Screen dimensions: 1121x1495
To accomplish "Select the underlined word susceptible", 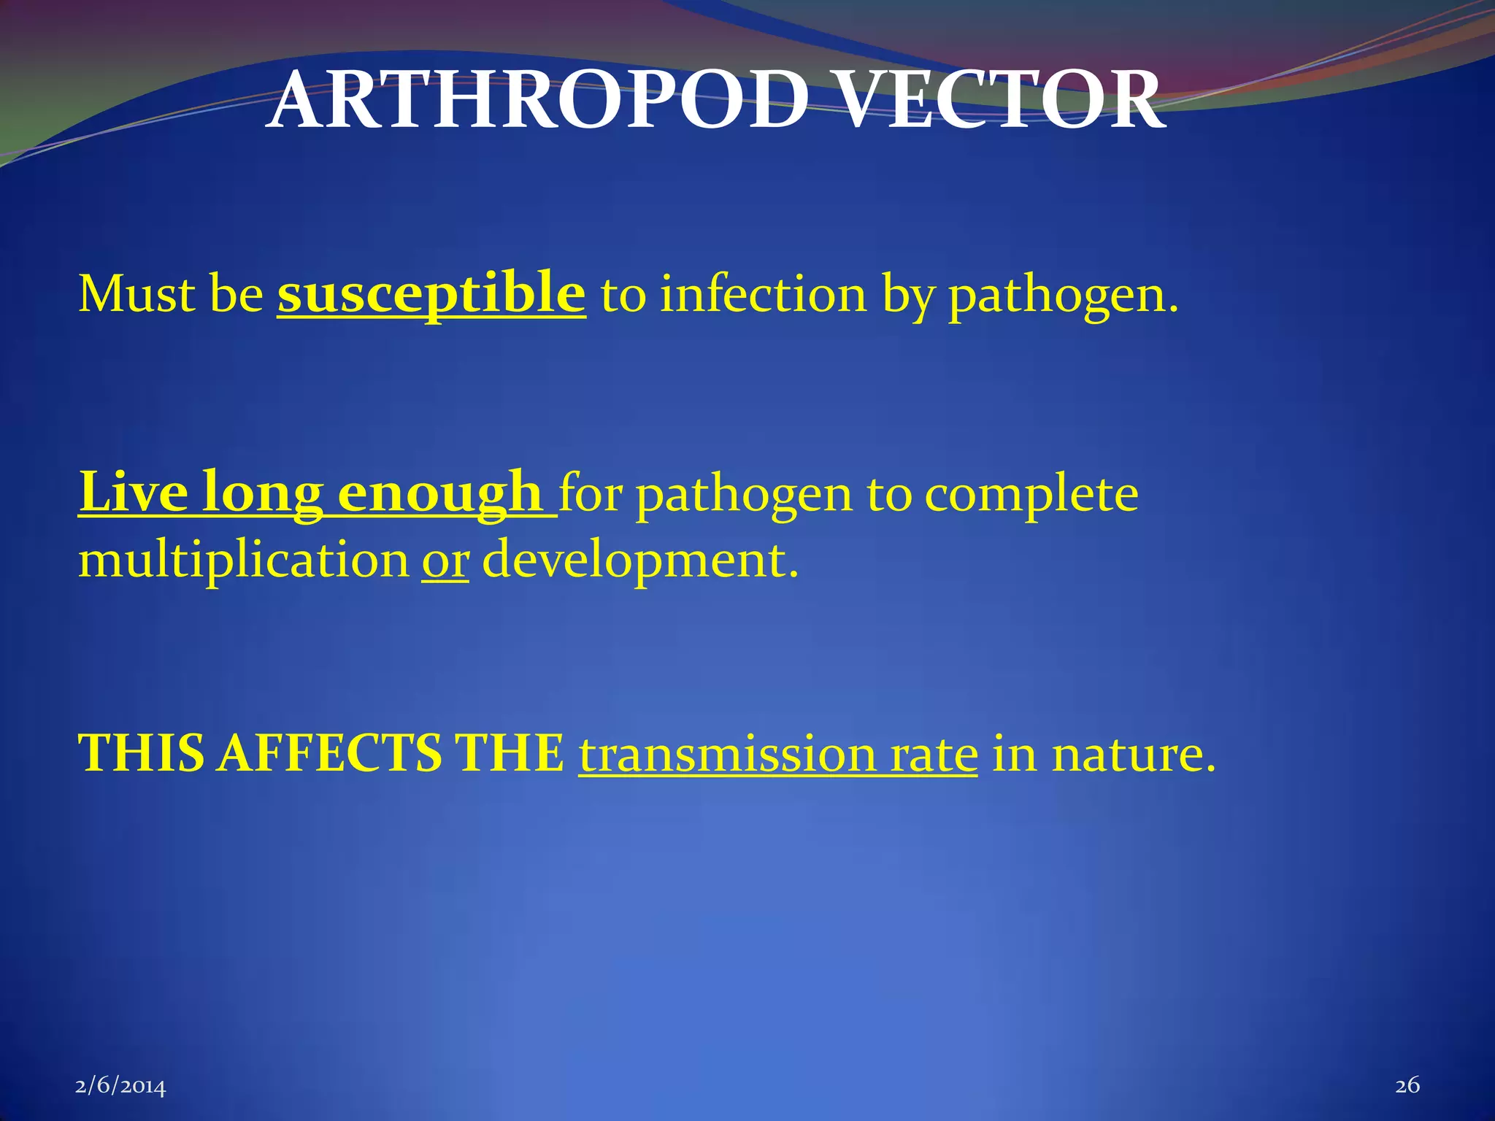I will click(431, 293).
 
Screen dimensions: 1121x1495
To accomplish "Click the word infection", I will click(763, 295).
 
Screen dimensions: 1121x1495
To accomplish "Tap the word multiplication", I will click(244, 560).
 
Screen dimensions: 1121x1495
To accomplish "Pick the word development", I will click(640, 560).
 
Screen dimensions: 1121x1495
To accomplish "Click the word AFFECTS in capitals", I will click(328, 754).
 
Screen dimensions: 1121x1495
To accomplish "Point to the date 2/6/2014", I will click(120, 1086).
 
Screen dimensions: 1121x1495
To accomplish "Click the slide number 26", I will click(1407, 1085).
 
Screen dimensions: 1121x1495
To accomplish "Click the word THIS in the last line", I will click(141, 754).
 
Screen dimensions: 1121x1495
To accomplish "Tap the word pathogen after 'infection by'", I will click(1062, 296).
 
